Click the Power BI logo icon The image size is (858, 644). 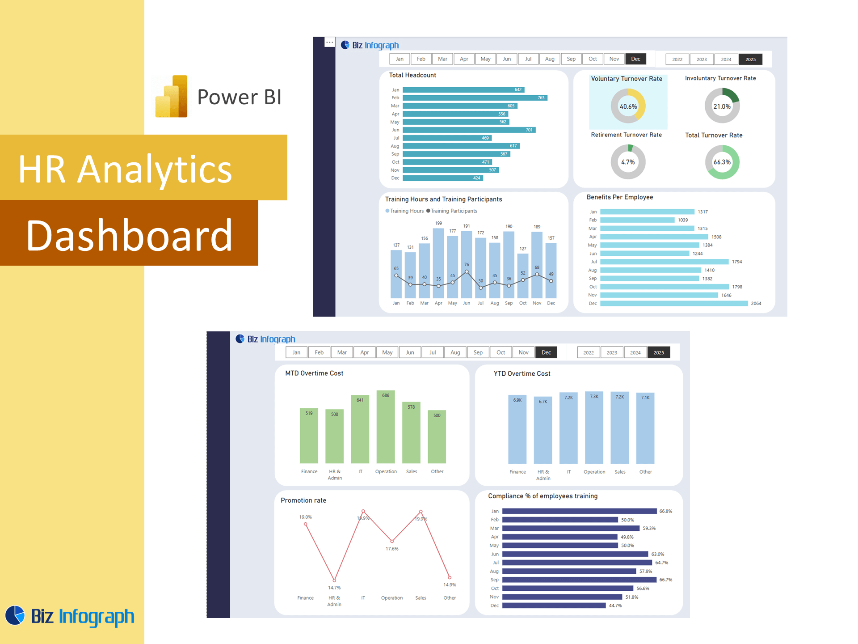[x=172, y=97]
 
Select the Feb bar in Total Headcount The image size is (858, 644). [x=475, y=98]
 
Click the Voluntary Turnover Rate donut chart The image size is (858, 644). [x=628, y=106]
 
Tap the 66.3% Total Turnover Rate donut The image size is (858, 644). [x=722, y=162]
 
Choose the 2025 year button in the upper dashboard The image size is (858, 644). [x=750, y=59]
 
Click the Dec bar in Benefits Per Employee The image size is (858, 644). [x=674, y=304]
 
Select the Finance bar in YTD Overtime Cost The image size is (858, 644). [x=517, y=429]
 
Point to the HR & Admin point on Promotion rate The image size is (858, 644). [x=334, y=580]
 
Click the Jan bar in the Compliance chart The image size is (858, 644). [x=579, y=511]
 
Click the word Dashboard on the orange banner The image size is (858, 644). [x=129, y=236]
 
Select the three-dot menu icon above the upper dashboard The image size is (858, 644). [x=329, y=42]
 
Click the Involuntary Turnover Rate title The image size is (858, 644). [x=720, y=78]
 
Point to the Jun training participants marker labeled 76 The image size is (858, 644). [x=467, y=271]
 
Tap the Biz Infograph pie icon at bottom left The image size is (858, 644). [x=15, y=615]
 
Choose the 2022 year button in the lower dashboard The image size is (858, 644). [x=589, y=353]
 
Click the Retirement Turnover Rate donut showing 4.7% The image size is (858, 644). [x=628, y=162]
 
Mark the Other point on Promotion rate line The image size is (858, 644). [x=450, y=577]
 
